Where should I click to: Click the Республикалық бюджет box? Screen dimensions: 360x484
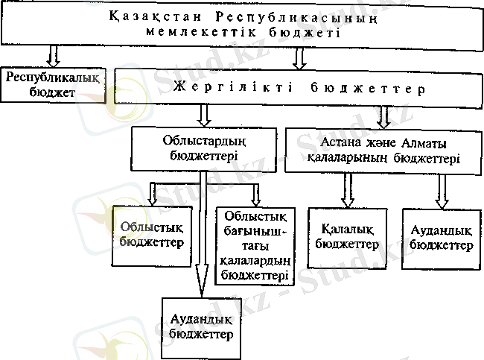(x=53, y=84)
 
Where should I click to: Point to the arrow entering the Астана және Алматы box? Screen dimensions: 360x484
(x=384, y=115)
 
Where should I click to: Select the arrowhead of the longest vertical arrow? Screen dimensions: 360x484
(x=202, y=286)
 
